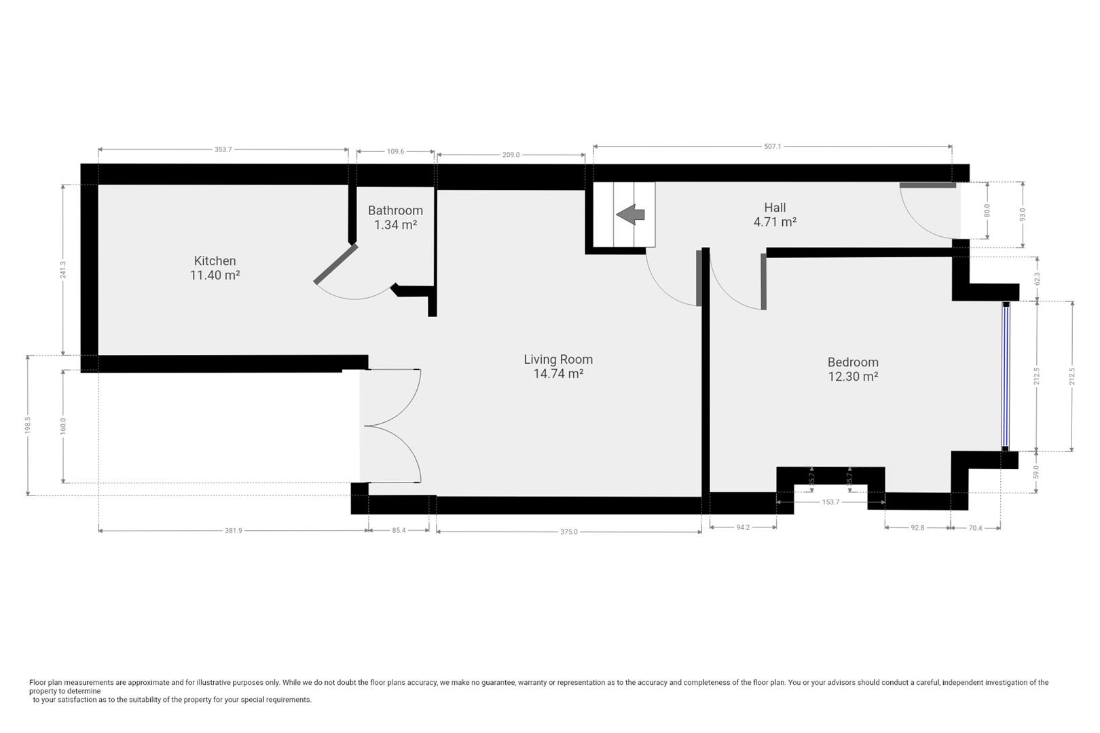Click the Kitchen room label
[x=215, y=261]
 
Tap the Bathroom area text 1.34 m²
[x=395, y=225]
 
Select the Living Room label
[x=557, y=359]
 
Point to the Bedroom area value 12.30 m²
[x=853, y=377]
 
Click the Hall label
[x=775, y=208]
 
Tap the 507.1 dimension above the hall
[x=772, y=146]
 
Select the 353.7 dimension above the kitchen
[x=223, y=149]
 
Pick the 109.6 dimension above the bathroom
[x=395, y=151]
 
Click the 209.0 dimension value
[x=511, y=155]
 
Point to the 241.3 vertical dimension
[x=63, y=270]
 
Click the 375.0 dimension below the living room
[x=568, y=532]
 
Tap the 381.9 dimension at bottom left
[x=233, y=531]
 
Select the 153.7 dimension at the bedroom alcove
[x=830, y=502]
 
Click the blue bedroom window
[x=1006, y=376]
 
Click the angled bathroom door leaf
[x=335, y=263]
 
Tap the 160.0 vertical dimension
[x=63, y=426]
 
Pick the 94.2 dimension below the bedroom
[x=742, y=527]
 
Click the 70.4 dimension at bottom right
[x=974, y=528]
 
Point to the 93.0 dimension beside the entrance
[x=1022, y=214]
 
